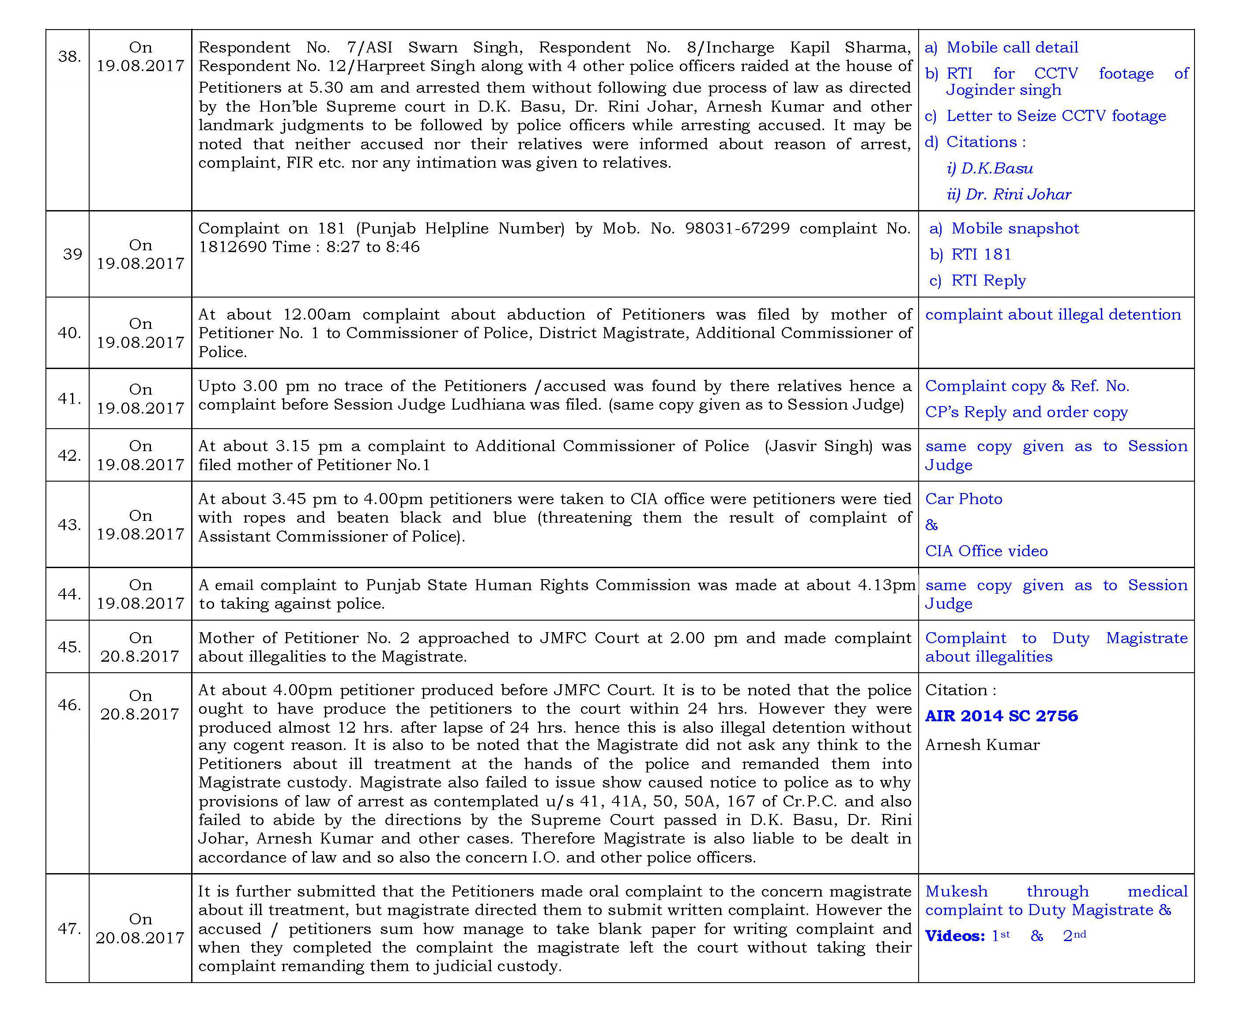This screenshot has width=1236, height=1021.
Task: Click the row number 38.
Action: [x=69, y=57]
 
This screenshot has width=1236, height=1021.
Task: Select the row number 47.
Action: [x=69, y=929]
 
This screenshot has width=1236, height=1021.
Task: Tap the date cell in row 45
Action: [x=140, y=647]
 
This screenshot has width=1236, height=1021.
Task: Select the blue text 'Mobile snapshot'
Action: [x=1015, y=228]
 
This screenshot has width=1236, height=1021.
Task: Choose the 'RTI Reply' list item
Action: [x=988, y=281]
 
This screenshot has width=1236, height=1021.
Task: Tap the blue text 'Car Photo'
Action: [x=964, y=499]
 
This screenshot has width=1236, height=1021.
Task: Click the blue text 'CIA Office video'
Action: [x=986, y=551]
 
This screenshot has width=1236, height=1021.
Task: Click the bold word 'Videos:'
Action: [x=954, y=936]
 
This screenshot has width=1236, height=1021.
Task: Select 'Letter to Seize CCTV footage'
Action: [x=1055, y=116]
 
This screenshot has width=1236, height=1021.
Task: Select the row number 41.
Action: [x=69, y=399]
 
